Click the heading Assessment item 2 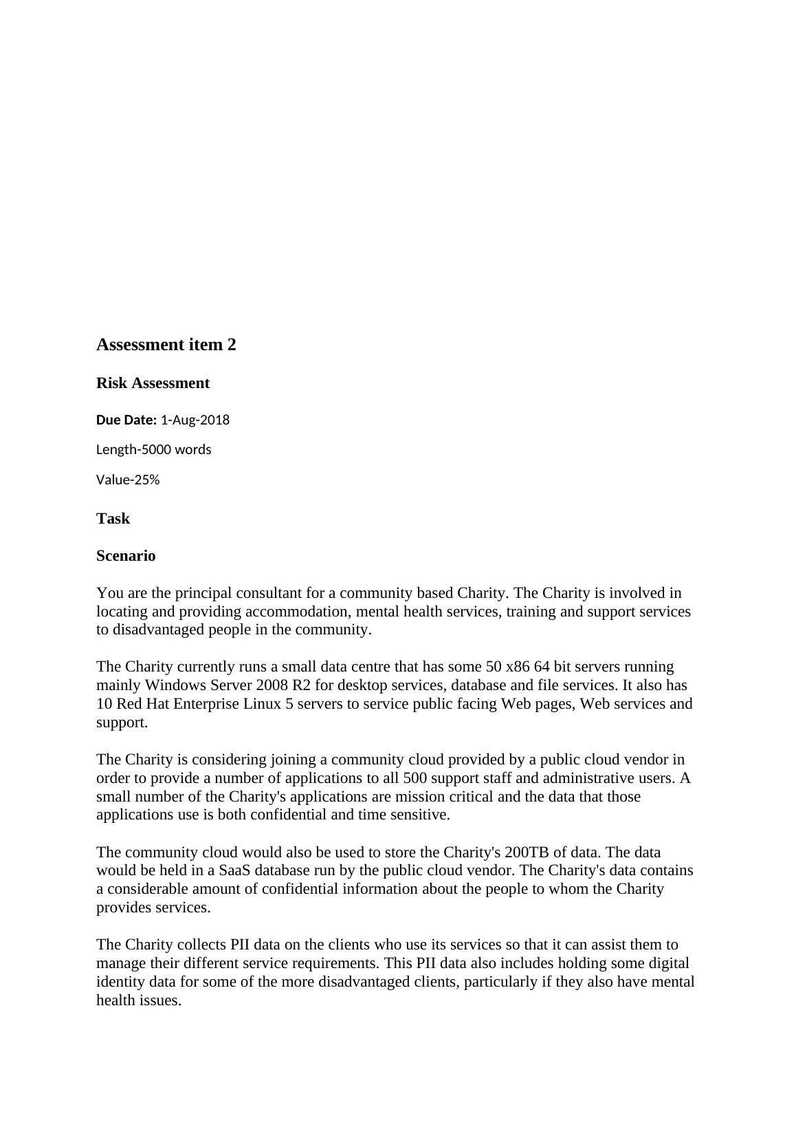click(x=166, y=345)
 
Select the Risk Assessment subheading click(x=153, y=383)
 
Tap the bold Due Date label click(x=126, y=420)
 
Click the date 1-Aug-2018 click(x=195, y=420)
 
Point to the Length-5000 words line click(x=153, y=449)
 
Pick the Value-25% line click(x=128, y=480)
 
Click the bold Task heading click(x=113, y=519)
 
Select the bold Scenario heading click(x=126, y=556)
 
